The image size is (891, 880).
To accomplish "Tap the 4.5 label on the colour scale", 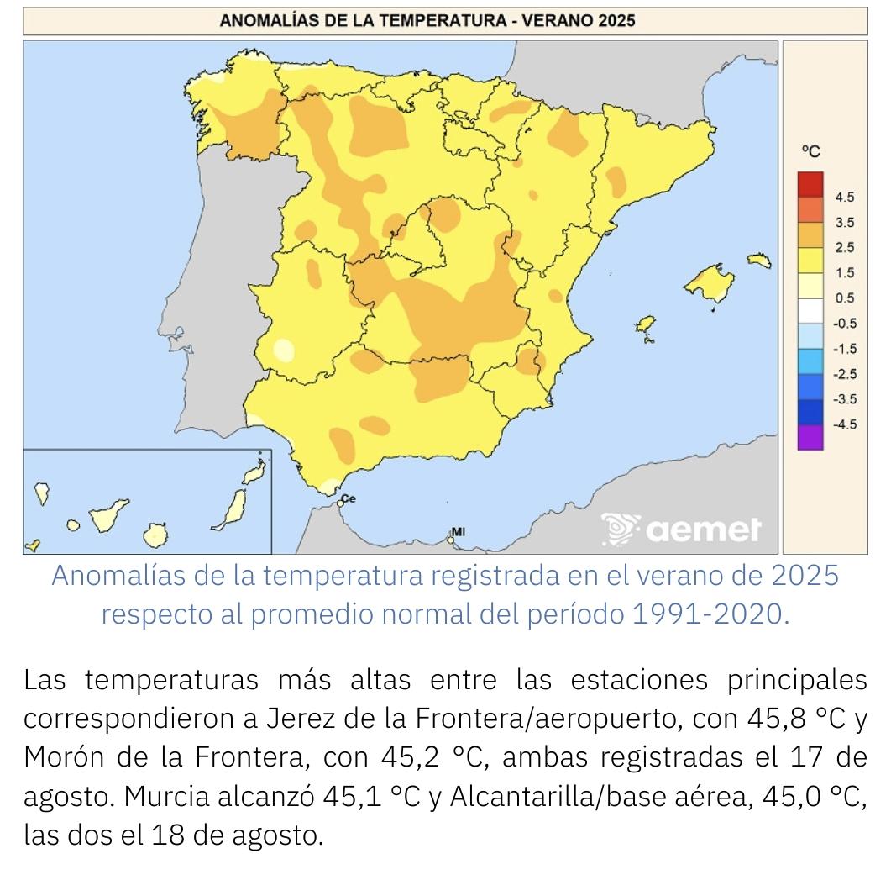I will pyautogui.click(x=844, y=198).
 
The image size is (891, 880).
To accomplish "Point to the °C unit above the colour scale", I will pyautogui.click(x=810, y=151).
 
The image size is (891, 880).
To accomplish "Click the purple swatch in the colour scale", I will pyautogui.click(x=810, y=437).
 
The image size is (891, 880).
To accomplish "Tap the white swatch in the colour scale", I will pyautogui.click(x=810, y=311).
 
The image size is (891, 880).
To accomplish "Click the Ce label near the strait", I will pyautogui.click(x=349, y=499).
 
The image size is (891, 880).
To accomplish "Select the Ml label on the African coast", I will pyautogui.click(x=459, y=531).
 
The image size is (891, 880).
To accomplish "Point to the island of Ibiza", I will pyautogui.click(x=645, y=325).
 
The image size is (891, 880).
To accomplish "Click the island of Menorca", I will pyautogui.click(x=759, y=261).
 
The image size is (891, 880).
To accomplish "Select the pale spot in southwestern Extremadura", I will pyautogui.click(x=285, y=350).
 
